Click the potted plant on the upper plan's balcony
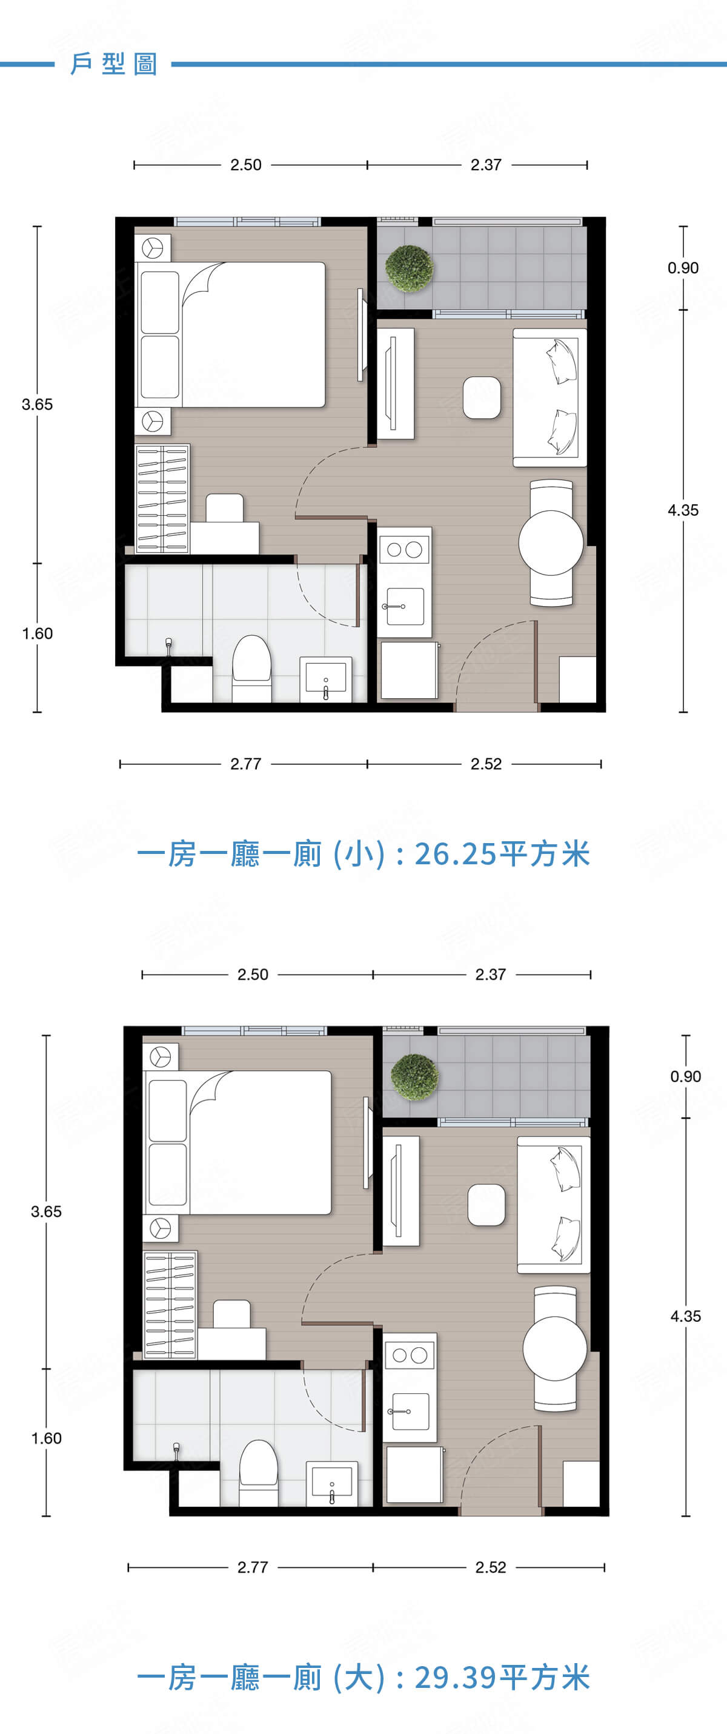coord(408,268)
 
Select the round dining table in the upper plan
coord(551,542)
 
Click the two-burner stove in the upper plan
coord(405,549)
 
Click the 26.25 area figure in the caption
coord(455,854)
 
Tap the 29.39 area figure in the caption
coord(455,1677)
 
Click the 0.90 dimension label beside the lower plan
coord(685,1076)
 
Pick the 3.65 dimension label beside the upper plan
coord(37,404)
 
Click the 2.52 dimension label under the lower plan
coord(490,1567)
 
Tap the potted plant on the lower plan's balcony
coord(414,1077)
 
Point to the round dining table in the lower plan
coord(556,1349)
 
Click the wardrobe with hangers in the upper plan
coord(162,498)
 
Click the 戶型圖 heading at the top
coord(114,65)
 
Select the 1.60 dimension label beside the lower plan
coord(47,1438)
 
